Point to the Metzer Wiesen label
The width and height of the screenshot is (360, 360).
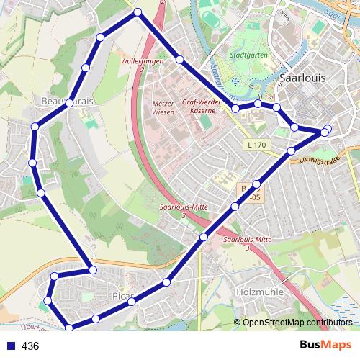click(164, 107)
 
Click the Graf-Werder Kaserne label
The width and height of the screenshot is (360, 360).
click(199, 107)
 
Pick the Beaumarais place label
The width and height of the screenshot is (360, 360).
click(68, 102)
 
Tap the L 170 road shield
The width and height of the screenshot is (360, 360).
click(256, 145)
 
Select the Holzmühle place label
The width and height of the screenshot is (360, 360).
click(257, 292)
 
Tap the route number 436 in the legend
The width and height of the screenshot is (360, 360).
click(30, 346)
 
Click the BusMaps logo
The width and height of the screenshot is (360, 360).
click(325, 346)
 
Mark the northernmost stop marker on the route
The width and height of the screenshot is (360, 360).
click(137, 12)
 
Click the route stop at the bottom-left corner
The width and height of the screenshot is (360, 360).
click(69, 328)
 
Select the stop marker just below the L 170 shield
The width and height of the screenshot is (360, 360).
click(291, 150)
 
